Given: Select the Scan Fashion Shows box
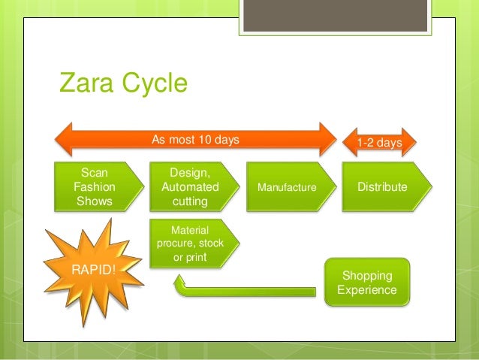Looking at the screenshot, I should pyautogui.click(x=96, y=186).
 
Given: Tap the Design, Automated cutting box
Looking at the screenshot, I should pyautogui.click(x=191, y=186).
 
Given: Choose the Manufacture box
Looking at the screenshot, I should pyautogui.click(x=288, y=186).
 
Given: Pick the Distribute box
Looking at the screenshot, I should pyautogui.click(x=384, y=186).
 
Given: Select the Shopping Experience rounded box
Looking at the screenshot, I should pyautogui.click(x=368, y=282).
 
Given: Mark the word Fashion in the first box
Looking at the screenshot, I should pyautogui.click(x=95, y=186).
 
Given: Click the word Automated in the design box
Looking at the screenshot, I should pyautogui.click(x=190, y=186).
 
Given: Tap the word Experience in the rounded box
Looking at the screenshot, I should pyautogui.click(x=367, y=289).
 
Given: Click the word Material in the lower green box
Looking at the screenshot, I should pyautogui.click(x=190, y=230).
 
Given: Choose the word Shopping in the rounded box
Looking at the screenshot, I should pyautogui.click(x=367, y=275).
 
